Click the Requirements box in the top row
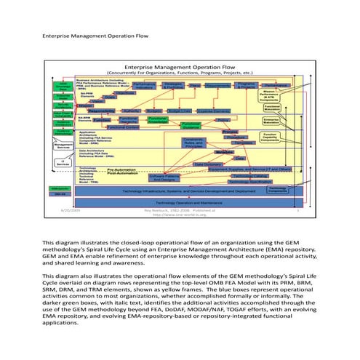click(x=216, y=86)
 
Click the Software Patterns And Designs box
click(x=164, y=177)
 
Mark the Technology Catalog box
click(x=246, y=176)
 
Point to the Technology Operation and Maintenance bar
click(x=185, y=201)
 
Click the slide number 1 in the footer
click(x=297, y=210)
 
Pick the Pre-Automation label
click(x=119, y=169)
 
